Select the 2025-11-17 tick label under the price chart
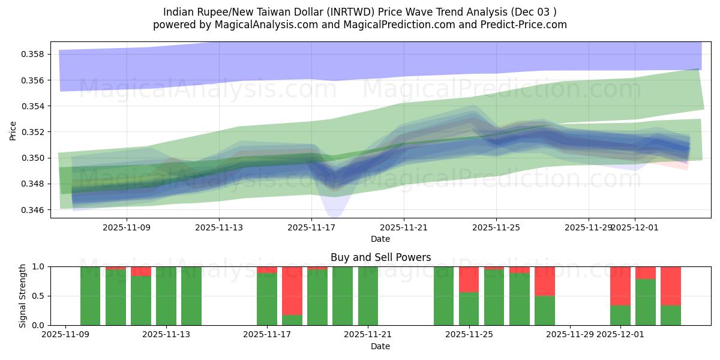tap(311, 227)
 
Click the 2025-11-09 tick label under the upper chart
tap(127, 227)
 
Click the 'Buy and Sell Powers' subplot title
tap(380, 257)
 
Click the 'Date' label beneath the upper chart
tap(380, 239)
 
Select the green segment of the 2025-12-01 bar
tap(620, 316)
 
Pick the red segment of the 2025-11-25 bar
tap(469, 279)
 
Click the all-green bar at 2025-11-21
tap(368, 296)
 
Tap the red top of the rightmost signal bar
tap(671, 286)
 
